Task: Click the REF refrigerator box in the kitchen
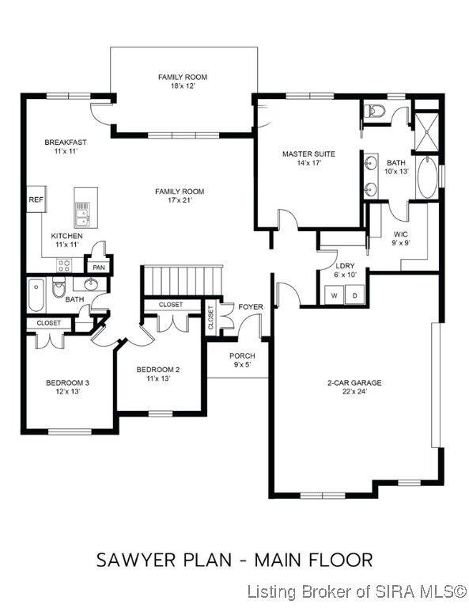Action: pyautogui.click(x=36, y=200)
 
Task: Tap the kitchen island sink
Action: pyautogui.click(x=82, y=209)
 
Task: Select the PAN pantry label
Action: pyautogui.click(x=99, y=268)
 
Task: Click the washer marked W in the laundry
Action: pyautogui.click(x=334, y=295)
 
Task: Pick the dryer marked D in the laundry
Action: pyautogui.click(x=355, y=295)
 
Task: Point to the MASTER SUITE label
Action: pyautogui.click(x=309, y=154)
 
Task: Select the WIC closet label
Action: pyautogui.click(x=401, y=234)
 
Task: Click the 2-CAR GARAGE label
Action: pyautogui.click(x=354, y=383)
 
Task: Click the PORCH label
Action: pyautogui.click(x=242, y=356)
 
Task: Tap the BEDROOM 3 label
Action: pyautogui.click(x=67, y=382)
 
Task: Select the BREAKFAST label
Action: pyautogui.click(x=66, y=142)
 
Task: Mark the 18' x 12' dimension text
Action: pyautogui.click(x=182, y=86)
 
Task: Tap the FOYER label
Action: pyautogui.click(x=252, y=307)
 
